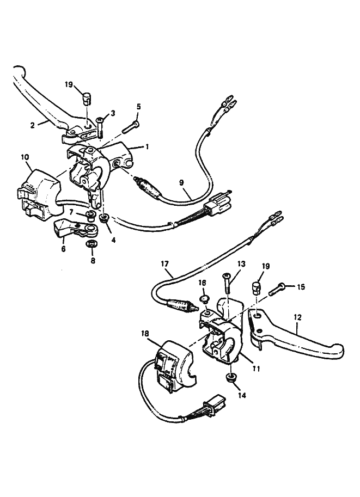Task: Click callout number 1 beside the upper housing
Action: point(147,148)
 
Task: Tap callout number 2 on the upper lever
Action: point(32,124)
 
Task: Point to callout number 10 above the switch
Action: point(25,157)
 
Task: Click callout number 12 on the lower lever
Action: point(297,316)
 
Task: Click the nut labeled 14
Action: point(231,378)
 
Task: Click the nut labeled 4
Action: point(105,218)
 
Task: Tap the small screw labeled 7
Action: point(90,216)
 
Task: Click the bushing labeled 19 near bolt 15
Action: point(256,287)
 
